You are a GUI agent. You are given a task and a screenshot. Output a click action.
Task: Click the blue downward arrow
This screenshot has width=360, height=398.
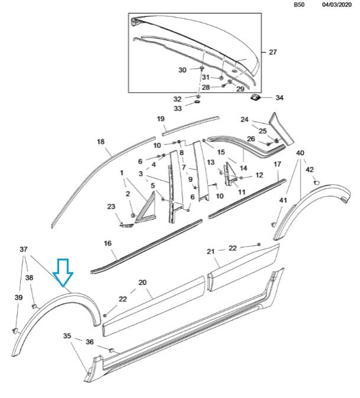(63, 273)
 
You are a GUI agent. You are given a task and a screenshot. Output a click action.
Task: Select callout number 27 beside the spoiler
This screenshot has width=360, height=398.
(273, 52)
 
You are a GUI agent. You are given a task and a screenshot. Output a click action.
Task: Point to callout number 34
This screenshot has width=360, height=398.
(279, 97)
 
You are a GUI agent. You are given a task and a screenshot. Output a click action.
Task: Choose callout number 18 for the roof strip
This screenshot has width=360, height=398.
(100, 142)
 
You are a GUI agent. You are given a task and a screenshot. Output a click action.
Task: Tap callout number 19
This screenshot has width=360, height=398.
(161, 119)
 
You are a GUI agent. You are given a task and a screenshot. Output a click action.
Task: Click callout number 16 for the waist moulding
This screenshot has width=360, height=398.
(108, 243)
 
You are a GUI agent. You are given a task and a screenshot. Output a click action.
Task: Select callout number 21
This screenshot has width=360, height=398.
(210, 252)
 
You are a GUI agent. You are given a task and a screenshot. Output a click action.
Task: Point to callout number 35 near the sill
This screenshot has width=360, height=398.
(68, 336)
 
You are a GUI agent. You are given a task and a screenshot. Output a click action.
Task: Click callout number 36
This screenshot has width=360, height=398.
(89, 341)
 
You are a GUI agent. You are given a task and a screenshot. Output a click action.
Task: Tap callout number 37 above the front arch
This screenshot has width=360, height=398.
(23, 249)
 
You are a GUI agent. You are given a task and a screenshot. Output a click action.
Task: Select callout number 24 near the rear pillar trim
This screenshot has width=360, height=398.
(245, 120)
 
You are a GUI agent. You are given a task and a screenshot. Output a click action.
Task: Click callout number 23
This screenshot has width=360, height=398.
(111, 206)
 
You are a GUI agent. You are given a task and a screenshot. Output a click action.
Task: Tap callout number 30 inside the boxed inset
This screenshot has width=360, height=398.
(182, 70)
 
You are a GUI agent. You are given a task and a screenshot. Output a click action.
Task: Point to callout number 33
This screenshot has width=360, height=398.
(178, 109)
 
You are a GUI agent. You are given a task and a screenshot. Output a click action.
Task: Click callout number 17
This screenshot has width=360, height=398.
(278, 164)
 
